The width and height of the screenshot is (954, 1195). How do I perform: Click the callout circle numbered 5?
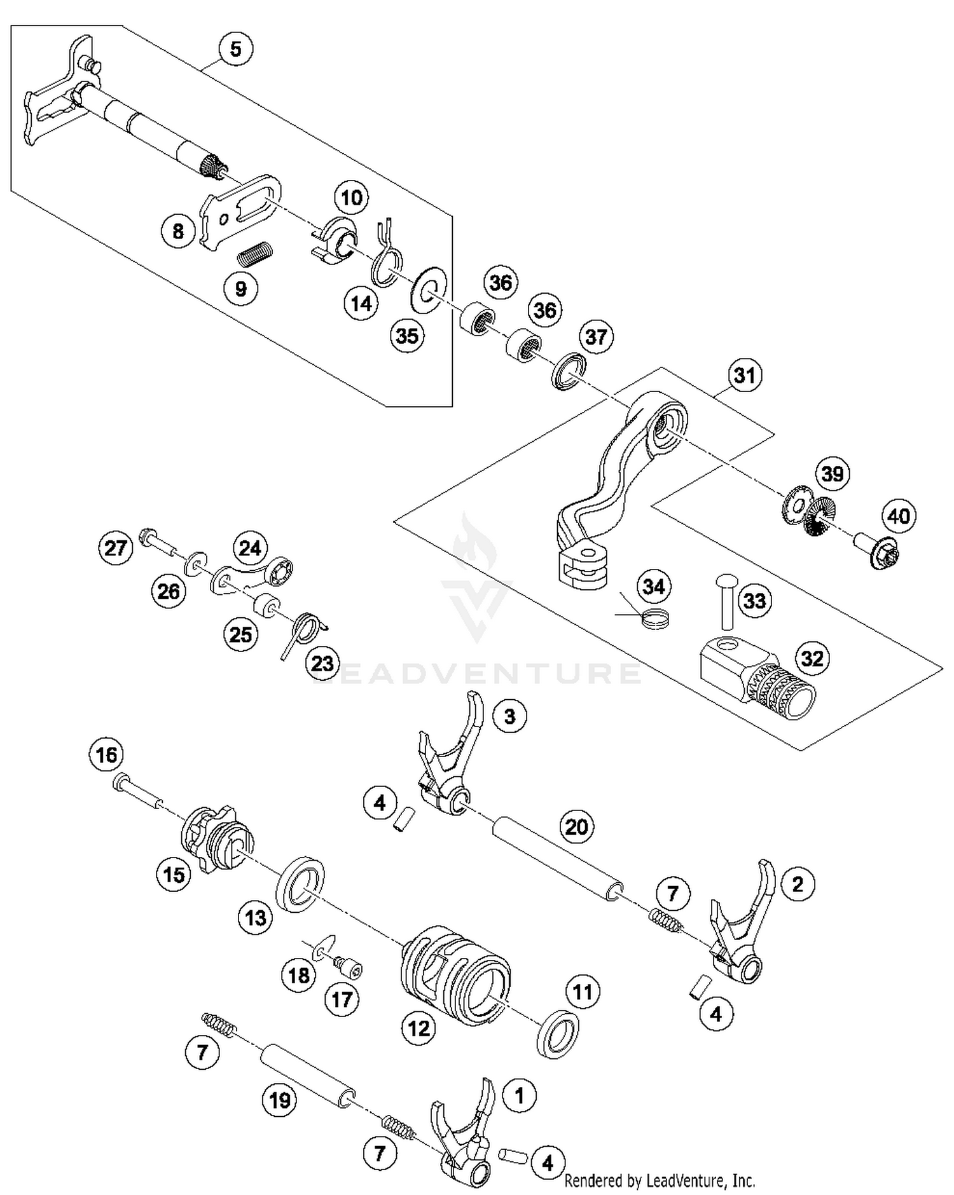(235, 49)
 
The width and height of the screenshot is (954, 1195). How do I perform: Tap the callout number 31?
(745, 375)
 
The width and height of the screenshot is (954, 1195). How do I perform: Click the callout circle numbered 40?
(898, 516)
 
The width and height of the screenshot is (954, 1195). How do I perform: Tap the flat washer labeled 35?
(428, 289)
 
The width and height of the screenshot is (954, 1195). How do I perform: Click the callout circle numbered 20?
(577, 827)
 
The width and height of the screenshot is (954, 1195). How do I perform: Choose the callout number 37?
(596, 336)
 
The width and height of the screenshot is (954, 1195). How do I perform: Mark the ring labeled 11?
(558, 1032)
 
